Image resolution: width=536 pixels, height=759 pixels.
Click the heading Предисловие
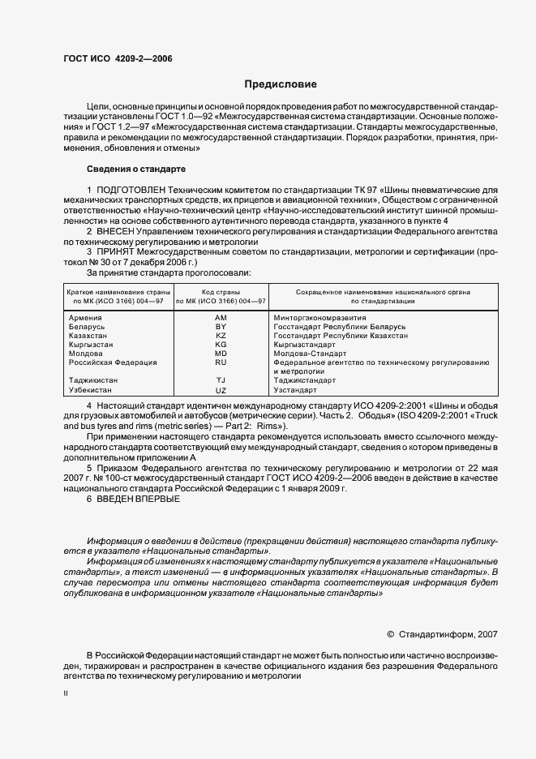(281, 84)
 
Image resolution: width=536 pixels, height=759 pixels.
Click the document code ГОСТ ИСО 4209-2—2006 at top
(118, 59)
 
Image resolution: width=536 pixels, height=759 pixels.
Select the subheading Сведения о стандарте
(136, 169)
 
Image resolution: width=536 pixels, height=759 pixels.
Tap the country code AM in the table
(221, 318)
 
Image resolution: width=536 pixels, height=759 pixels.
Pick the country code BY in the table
(221, 327)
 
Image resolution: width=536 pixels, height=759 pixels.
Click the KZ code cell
(221, 336)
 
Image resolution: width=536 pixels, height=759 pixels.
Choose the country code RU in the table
(221, 362)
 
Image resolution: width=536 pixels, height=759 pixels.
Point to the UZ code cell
(221, 390)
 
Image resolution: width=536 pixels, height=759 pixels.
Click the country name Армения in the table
(86, 318)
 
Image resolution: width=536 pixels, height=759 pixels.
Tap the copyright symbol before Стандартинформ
(391, 634)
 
